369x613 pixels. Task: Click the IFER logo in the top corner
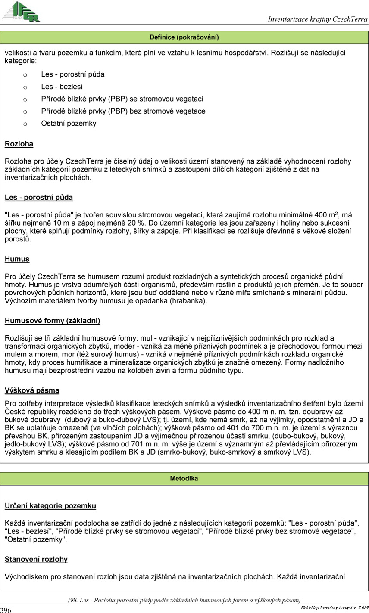21,12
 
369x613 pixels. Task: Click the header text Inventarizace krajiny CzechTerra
318,19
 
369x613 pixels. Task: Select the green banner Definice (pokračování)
184,37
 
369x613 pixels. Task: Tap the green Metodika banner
184,478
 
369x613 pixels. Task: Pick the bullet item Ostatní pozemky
69,124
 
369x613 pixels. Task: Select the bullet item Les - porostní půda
73,74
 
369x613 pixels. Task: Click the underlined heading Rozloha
19,144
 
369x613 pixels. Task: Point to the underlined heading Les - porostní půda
39,198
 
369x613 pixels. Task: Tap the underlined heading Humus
17,259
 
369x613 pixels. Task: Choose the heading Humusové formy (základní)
53,321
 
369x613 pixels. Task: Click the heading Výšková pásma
32,390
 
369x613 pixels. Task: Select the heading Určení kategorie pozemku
50,506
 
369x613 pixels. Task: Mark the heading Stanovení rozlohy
36,560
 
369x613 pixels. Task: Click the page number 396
6,610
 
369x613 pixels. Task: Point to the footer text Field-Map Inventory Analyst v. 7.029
334,607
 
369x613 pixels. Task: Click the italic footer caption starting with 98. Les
184,600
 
